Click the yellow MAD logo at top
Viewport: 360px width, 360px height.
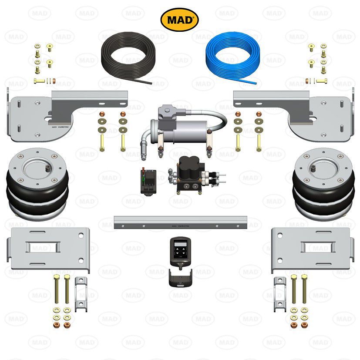pos(180,19)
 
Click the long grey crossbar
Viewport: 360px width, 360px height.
pos(180,222)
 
